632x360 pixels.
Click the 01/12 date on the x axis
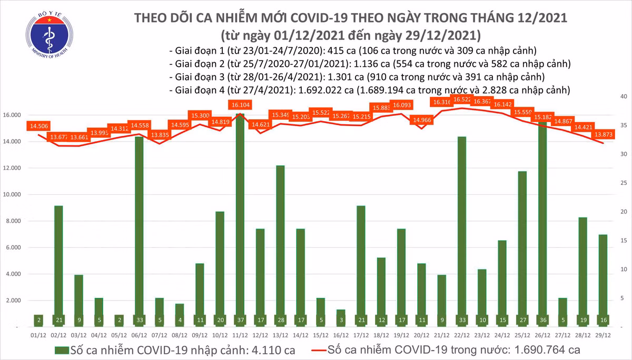(38, 334)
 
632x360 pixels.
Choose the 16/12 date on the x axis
(341, 334)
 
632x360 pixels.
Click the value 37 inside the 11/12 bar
(240, 319)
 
